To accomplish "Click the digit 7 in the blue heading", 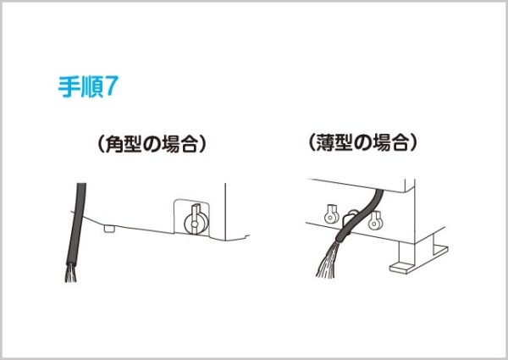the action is [109, 86].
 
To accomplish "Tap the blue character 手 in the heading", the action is [69, 87].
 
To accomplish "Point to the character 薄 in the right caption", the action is [325, 142].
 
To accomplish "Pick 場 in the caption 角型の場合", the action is [169, 143].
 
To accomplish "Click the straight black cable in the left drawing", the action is [77, 224].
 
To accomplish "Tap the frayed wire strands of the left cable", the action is [71, 273].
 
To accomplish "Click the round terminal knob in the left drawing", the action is [196, 224].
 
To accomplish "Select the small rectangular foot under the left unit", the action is [110, 229].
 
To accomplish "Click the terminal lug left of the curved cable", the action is [331, 214].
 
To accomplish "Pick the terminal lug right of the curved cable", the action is [375, 220].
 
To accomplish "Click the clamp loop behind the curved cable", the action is [351, 214].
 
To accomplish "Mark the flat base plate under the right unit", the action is [419, 259].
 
